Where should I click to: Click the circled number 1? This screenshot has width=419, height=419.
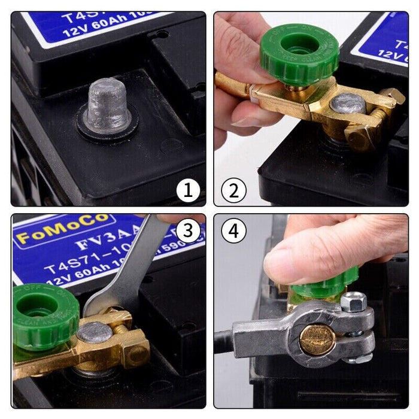click(188, 191)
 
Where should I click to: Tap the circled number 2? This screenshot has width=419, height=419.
click(233, 191)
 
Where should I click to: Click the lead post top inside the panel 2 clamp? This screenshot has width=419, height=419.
click(347, 104)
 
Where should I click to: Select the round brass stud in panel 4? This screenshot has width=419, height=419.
click(317, 338)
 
